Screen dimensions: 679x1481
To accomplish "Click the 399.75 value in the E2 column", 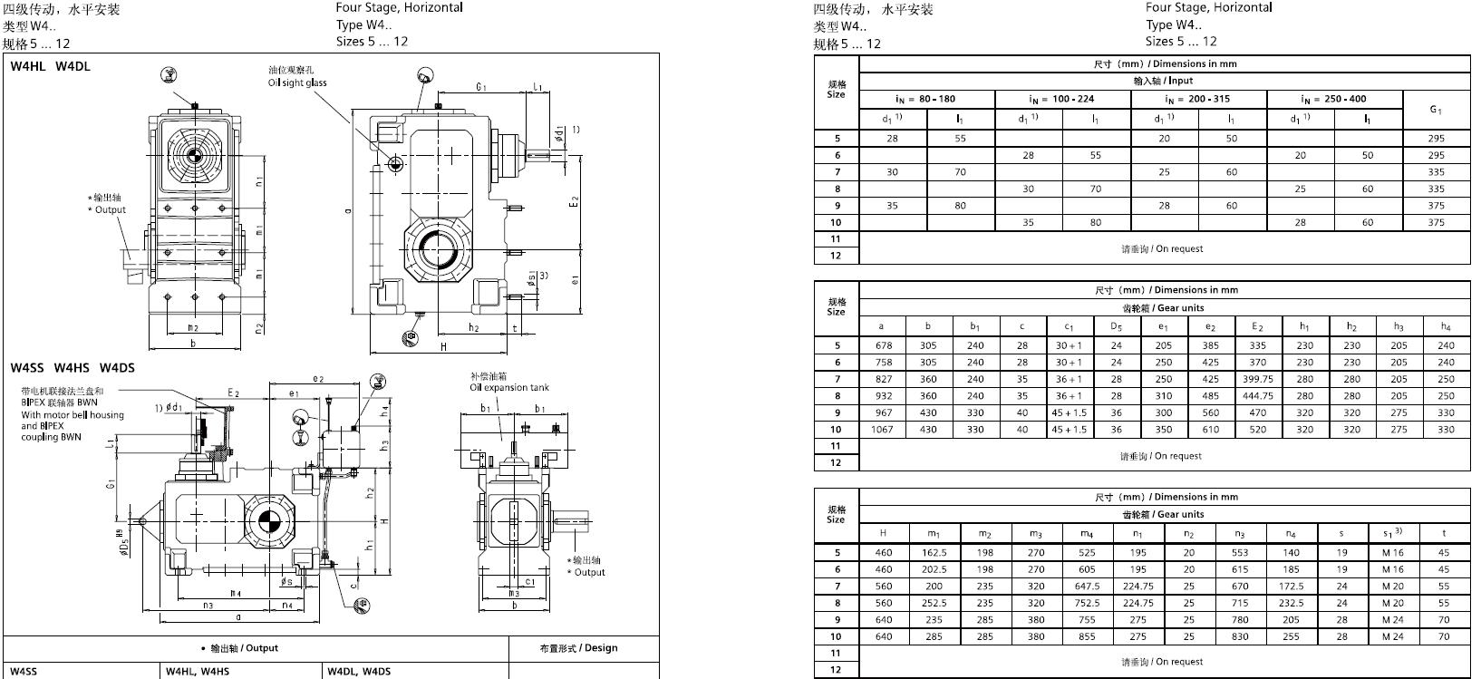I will [x=1257, y=379].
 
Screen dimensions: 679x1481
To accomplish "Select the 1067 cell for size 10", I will [x=881, y=430].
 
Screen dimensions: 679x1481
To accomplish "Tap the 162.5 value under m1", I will [x=934, y=552].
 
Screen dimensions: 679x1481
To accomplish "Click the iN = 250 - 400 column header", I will [x=1333, y=99].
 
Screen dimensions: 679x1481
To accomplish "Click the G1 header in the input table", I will [x=1436, y=110].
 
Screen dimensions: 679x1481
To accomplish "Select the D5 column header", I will [x=1116, y=326].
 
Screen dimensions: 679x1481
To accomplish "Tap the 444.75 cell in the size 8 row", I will [x=1257, y=396].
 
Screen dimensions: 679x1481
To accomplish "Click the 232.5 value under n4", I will [x=1291, y=603].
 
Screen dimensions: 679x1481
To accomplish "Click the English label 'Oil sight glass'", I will [x=297, y=82].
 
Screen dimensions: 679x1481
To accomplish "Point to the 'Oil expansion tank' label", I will [x=509, y=387].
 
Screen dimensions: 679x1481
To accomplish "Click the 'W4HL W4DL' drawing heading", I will [x=51, y=66].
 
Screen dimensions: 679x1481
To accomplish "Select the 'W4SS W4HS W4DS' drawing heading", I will [x=73, y=367].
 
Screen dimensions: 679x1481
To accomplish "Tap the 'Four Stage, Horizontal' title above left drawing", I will [x=399, y=7].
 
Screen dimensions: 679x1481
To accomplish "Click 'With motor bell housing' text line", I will [x=73, y=415].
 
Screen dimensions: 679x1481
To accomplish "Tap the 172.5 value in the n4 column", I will [x=1291, y=586].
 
